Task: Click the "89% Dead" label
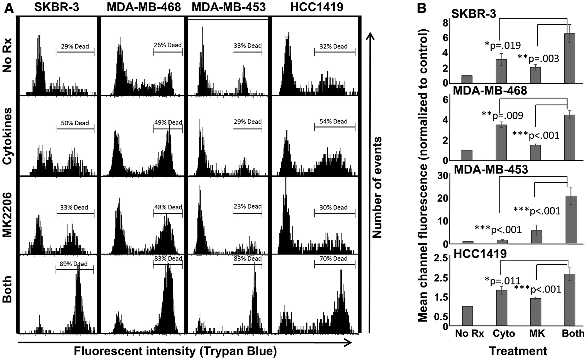click(x=74, y=264)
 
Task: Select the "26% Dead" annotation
click(x=168, y=45)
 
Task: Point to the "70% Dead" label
click(x=333, y=258)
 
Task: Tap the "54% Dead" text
click(x=333, y=121)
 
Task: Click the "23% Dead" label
click(x=248, y=206)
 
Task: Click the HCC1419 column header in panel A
click(x=317, y=7)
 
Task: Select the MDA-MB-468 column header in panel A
click(x=144, y=7)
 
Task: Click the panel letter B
click(x=422, y=9)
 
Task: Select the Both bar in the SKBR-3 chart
click(x=570, y=58)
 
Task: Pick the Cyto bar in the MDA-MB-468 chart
click(x=501, y=143)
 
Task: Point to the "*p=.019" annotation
click(x=502, y=45)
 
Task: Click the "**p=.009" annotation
click(x=502, y=116)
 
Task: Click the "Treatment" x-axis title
click(x=518, y=351)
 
